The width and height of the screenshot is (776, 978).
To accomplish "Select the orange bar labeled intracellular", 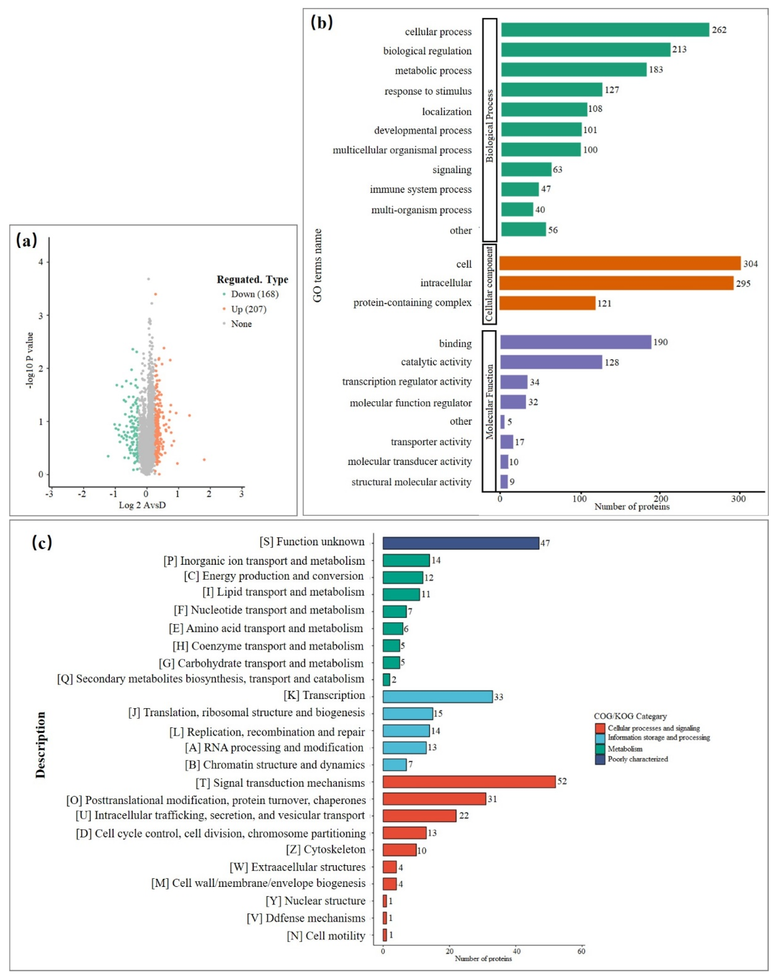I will coord(616,283).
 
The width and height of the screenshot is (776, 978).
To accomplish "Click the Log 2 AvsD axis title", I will coord(142,505).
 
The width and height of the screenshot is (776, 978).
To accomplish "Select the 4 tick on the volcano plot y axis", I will coord(41,262).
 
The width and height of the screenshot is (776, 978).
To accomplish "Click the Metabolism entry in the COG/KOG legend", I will coord(625,749).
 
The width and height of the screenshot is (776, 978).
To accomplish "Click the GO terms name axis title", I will coord(317,265).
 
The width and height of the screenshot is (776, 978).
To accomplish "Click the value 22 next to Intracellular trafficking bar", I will coord(464,816).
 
